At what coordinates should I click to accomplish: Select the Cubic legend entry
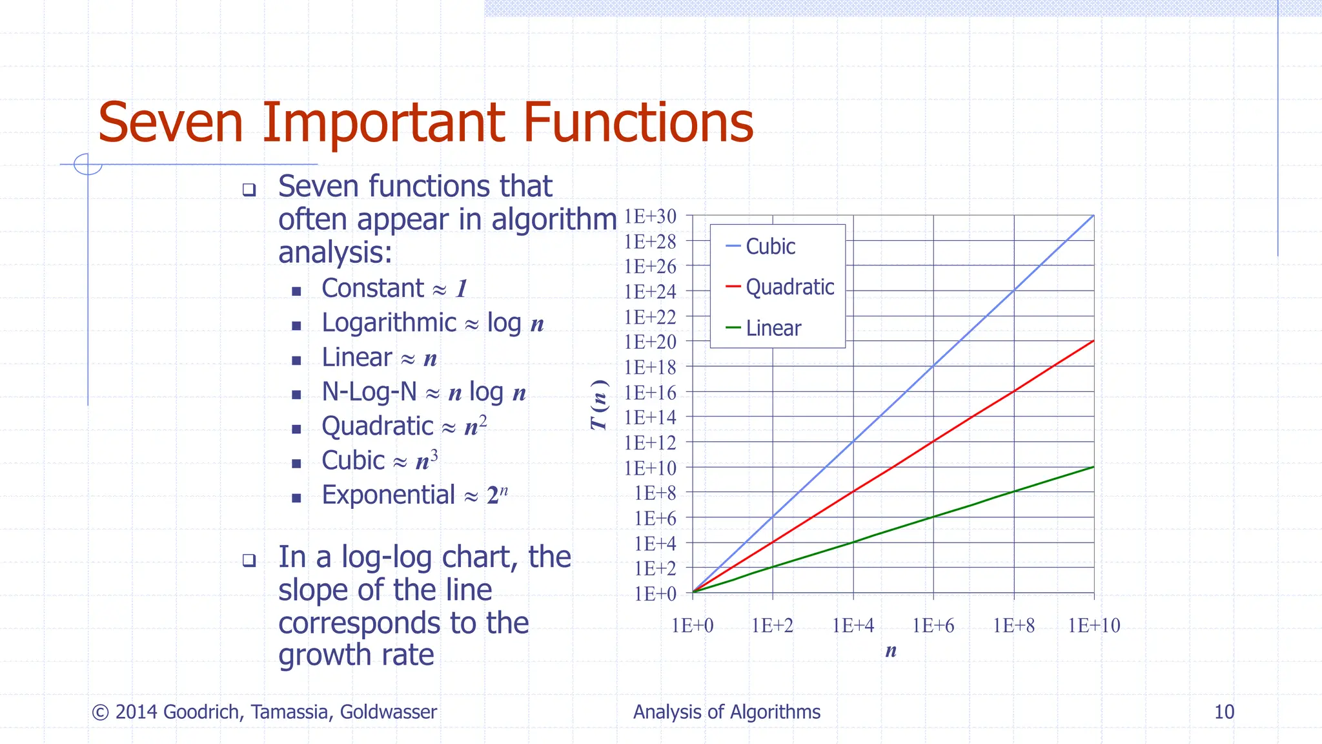coord(769,247)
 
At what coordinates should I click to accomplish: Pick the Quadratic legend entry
coord(789,287)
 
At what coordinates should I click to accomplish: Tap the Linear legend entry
coord(773,328)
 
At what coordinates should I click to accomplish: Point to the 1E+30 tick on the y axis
coord(650,216)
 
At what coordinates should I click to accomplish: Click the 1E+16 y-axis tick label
coord(650,393)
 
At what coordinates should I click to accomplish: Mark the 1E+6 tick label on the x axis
coord(933,625)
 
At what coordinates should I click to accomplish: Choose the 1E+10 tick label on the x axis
coord(1093,625)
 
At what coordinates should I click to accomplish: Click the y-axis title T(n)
coord(599,405)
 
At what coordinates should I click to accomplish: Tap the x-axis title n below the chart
coord(891,650)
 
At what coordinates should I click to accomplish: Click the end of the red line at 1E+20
coord(1093,341)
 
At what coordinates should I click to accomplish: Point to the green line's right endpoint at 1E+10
coord(1093,467)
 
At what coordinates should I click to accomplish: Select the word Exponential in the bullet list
coord(388,495)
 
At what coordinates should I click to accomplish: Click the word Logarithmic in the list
coord(389,323)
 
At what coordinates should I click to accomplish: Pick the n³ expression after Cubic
coord(427,460)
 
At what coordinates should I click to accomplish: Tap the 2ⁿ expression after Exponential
coord(497,495)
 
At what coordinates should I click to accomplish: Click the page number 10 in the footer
coord(1224,712)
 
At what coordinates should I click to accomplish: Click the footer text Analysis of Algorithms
coord(726,712)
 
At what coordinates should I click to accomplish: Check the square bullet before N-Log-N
coord(296,395)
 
